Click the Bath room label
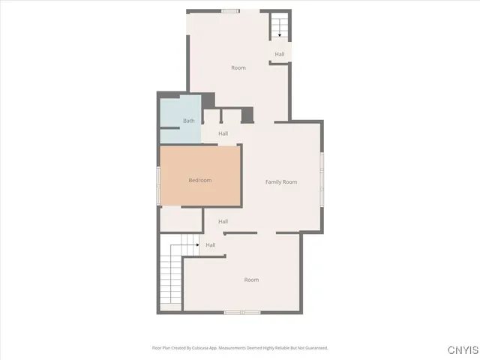[x=189, y=121]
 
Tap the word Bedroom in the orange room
[x=199, y=180]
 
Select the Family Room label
[x=281, y=182]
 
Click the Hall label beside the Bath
[x=223, y=133]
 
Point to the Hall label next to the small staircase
[x=279, y=54]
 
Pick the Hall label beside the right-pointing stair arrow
[x=211, y=244]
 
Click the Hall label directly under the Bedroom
[x=223, y=221]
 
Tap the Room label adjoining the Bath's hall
[x=238, y=68]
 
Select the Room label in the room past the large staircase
[x=251, y=280]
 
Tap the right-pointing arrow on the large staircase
[x=196, y=244]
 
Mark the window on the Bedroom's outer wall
[x=157, y=184]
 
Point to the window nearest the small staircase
[x=231, y=10]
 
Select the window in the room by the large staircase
[x=242, y=312]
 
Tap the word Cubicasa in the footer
[x=196, y=348]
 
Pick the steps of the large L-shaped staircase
[x=171, y=277]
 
